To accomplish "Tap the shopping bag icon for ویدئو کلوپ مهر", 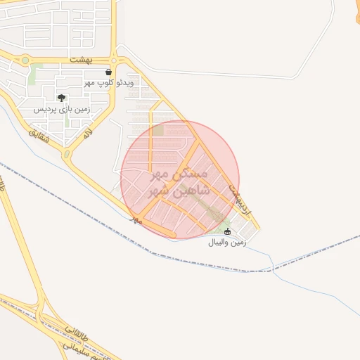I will coord(108,72).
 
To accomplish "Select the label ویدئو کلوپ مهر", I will coord(108,83).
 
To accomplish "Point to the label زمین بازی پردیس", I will coord(61,109).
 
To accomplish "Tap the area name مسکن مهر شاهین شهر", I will coord(180,181).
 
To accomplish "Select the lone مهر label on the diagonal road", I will coord(136,220).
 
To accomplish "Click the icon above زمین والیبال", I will coord(226,231).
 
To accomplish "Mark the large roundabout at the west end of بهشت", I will coord(25,60).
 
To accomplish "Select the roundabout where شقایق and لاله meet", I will coord(67,154).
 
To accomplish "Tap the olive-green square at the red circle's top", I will coord(157,131).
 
